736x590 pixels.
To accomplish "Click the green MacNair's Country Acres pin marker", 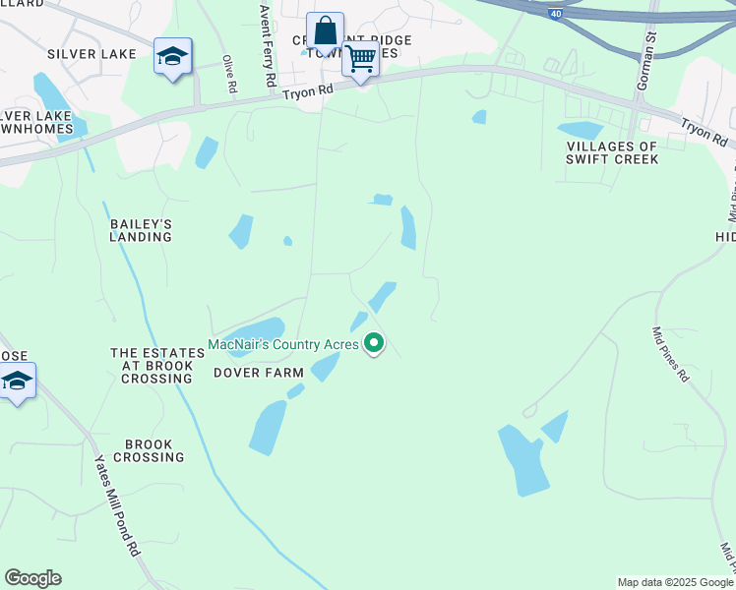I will click(374, 343).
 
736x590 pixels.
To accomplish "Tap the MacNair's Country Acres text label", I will click(283, 344).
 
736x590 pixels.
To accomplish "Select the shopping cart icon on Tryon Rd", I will click(360, 59).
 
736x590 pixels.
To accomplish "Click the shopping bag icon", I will click(324, 31).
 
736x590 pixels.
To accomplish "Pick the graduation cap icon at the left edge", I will click(17, 382).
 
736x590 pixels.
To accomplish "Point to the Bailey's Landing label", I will click(141, 230).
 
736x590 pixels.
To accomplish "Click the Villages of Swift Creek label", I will click(611, 152).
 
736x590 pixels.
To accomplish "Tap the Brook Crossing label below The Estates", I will click(149, 450).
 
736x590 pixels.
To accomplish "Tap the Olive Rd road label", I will click(229, 74).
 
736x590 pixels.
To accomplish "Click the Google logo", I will click(32, 578).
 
